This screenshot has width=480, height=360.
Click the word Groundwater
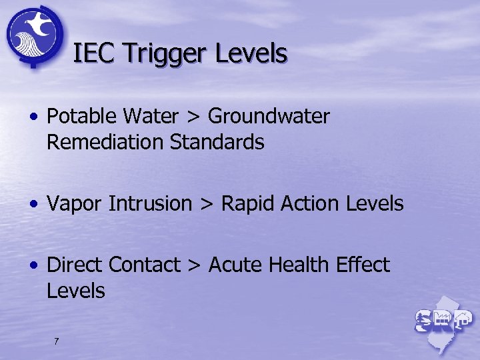(269, 117)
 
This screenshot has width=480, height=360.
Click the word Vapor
(74, 204)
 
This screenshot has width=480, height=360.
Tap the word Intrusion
(149, 203)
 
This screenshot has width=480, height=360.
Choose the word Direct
(75, 265)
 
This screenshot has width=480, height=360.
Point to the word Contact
(145, 265)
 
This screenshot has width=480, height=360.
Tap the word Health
(299, 265)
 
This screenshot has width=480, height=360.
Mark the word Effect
(363, 265)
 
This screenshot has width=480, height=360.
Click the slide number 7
(56, 341)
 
